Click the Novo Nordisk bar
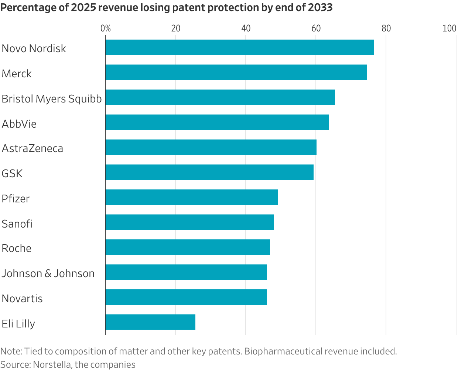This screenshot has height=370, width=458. [x=240, y=47]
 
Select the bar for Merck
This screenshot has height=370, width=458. [x=236, y=72]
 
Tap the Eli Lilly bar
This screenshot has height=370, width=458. [x=150, y=322]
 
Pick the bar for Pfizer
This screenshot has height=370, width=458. [x=192, y=197]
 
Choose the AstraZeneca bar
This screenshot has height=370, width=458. [x=211, y=147]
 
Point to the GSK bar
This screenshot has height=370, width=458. [x=209, y=172]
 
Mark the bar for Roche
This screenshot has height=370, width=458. [x=188, y=247]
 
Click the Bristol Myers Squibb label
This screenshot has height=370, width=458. [x=52, y=99]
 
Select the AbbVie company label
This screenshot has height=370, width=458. [x=19, y=124]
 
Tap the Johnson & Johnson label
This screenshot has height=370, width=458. [x=48, y=273]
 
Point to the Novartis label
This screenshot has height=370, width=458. [x=22, y=299]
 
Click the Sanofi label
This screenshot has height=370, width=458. [x=17, y=224]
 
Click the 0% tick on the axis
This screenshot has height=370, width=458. [x=106, y=28]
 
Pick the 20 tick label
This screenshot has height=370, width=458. [x=175, y=28]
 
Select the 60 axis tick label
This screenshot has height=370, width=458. [x=316, y=28]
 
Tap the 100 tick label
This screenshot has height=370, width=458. [x=449, y=28]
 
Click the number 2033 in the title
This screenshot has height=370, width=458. [x=320, y=7]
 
